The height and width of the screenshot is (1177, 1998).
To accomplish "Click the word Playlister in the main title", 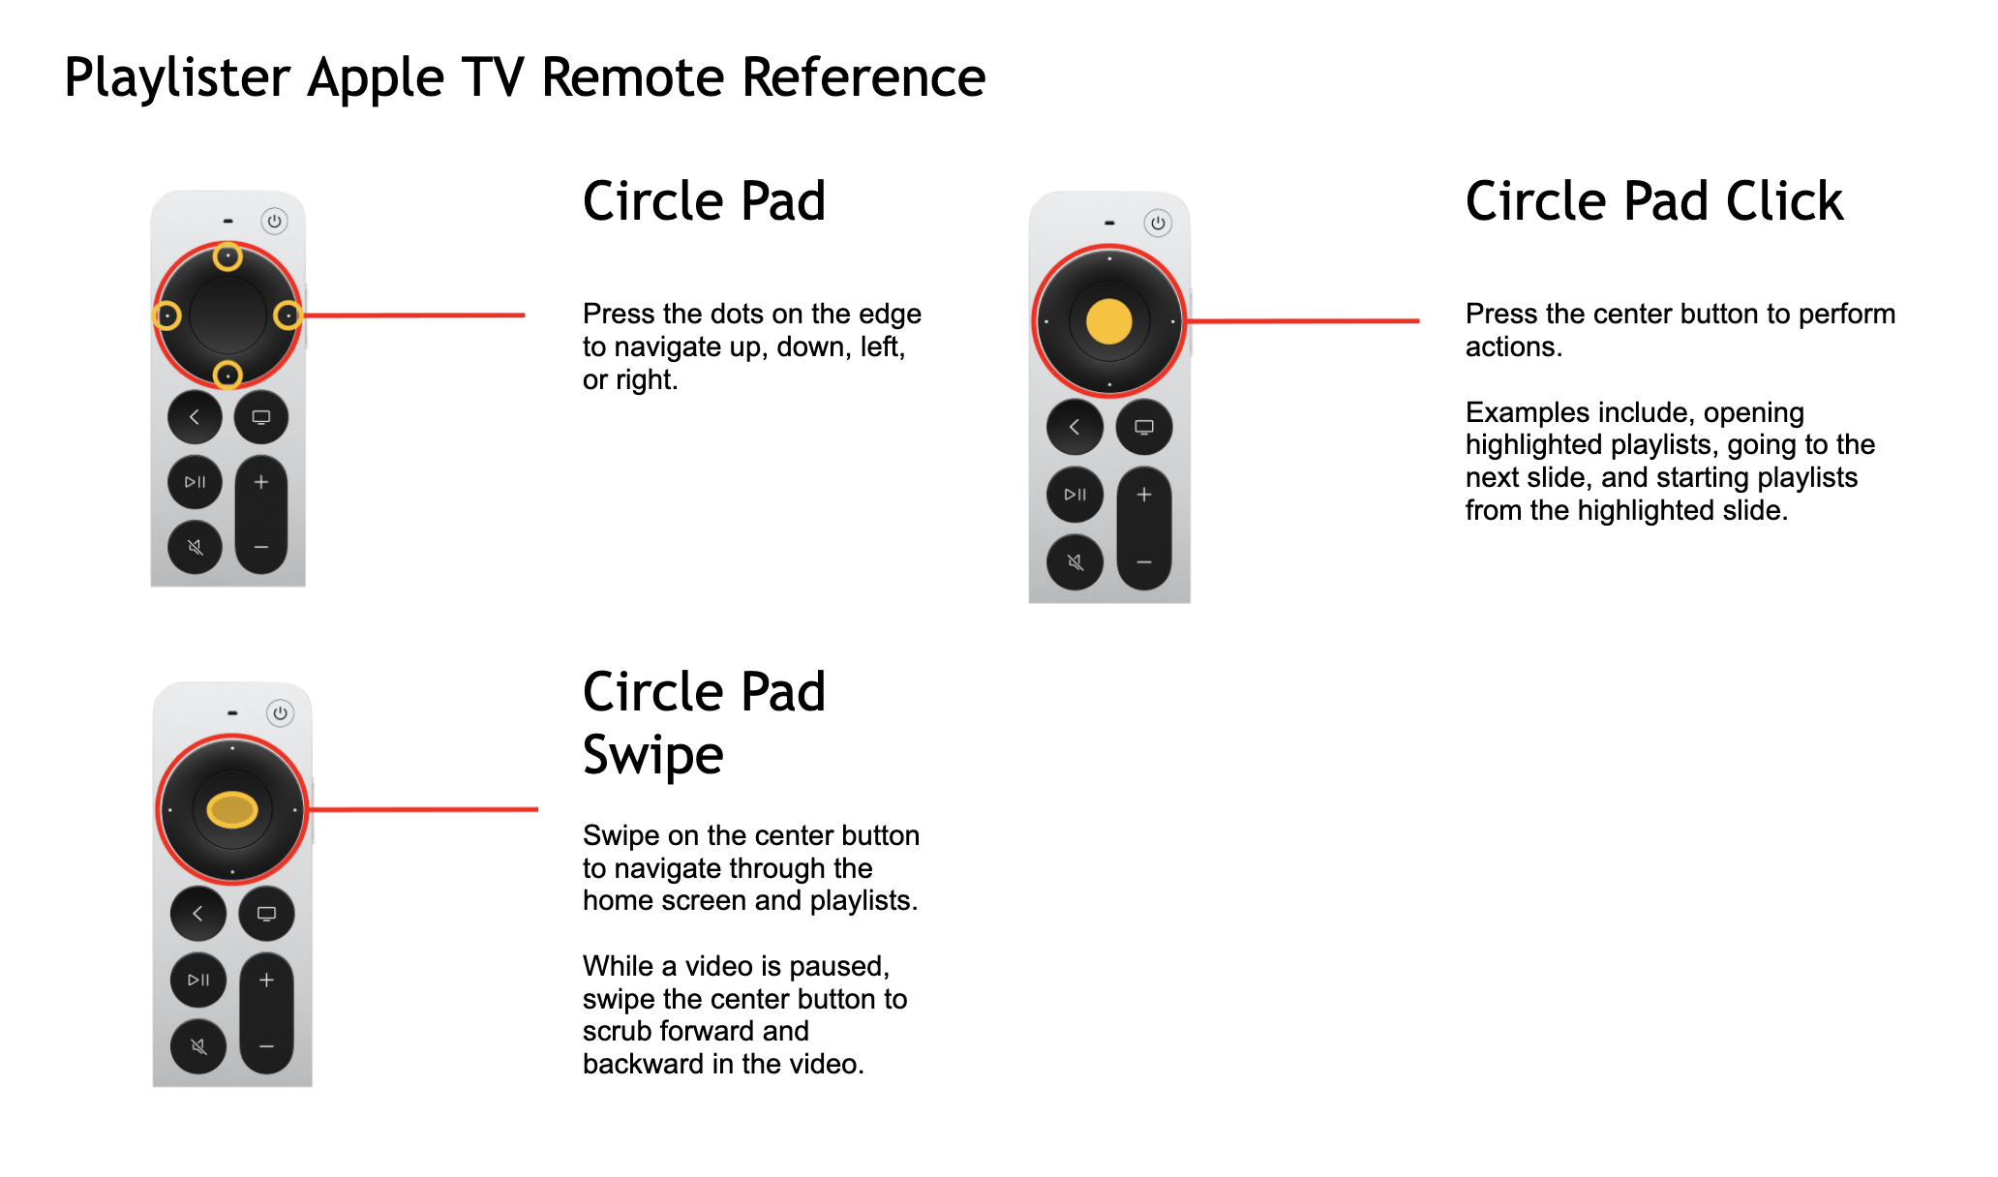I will coord(177,77).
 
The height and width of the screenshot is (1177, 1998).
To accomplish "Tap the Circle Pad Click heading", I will coord(1653,201).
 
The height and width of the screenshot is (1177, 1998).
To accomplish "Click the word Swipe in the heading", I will coord(652,755).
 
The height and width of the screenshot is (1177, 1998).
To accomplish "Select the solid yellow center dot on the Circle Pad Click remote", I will coord(1108,321).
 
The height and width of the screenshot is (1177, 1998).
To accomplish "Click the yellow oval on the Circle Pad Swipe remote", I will coord(231,809).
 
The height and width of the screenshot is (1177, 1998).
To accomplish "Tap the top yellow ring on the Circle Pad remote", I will coord(227,257).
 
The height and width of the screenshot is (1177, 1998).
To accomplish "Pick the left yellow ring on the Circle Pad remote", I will coord(167,316).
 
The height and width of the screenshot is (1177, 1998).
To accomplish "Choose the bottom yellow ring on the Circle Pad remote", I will coord(227,375).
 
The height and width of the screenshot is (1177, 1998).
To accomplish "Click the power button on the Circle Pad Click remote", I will coord(1158,223).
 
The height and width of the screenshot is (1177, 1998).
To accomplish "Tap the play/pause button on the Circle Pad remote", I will coord(195,482).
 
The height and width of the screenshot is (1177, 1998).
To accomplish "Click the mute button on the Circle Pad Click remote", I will coord(1075,562).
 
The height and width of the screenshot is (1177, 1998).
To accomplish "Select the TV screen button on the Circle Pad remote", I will coord(261,417).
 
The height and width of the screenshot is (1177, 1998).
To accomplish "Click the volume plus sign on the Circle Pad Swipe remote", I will coord(266,980).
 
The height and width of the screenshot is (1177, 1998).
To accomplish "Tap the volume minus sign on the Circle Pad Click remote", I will coord(1144,562).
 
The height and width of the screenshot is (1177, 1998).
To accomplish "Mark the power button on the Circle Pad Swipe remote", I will coord(280,713).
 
